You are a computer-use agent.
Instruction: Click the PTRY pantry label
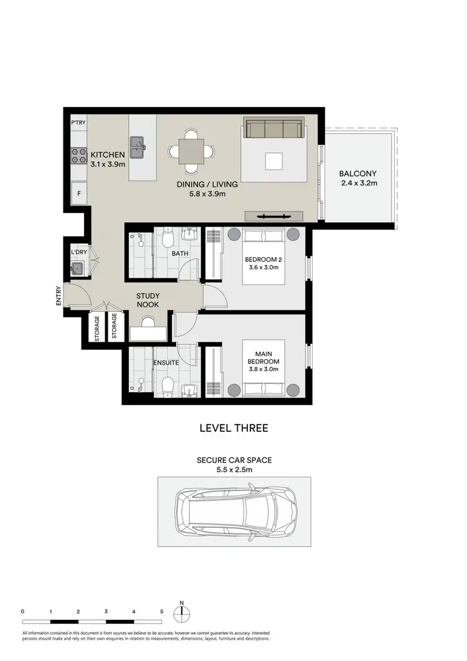(78, 123)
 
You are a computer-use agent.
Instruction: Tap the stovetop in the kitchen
(78, 155)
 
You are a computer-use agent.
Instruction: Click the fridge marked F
(78, 193)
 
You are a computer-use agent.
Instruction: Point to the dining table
(191, 151)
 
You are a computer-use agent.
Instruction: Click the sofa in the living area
(273, 129)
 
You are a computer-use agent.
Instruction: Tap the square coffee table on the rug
(273, 161)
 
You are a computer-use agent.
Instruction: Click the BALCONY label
(357, 174)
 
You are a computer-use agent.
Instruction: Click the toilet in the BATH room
(167, 238)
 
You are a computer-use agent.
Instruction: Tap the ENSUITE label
(165, 362)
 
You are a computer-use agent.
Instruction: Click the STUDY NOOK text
(148, 301)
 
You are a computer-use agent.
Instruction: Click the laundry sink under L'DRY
(77, 269)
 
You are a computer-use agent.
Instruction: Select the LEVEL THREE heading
(233, 428)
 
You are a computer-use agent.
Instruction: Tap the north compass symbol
(182, 612)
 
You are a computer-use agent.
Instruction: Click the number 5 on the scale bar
(161, 612)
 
